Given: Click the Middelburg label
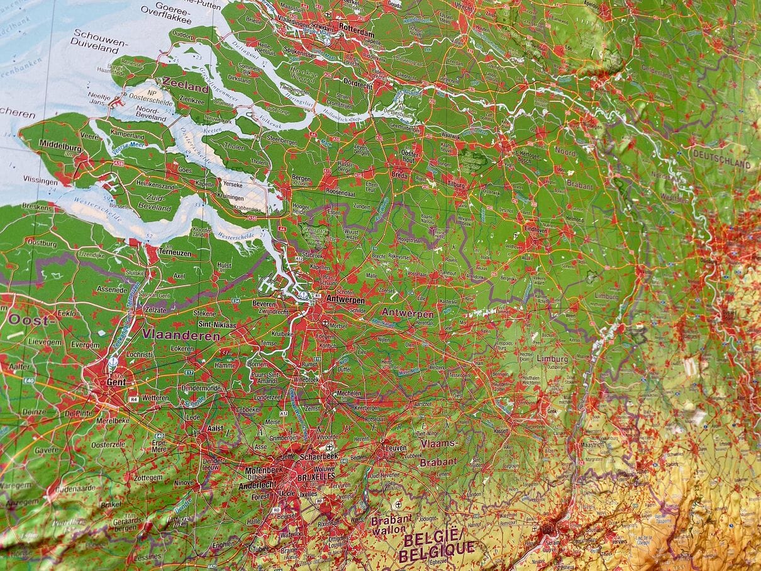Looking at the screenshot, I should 60,144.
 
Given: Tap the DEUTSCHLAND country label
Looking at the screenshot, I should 721,159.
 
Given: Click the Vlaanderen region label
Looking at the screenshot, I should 181,336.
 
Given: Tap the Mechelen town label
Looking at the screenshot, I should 348,393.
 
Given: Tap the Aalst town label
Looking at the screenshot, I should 215,428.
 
